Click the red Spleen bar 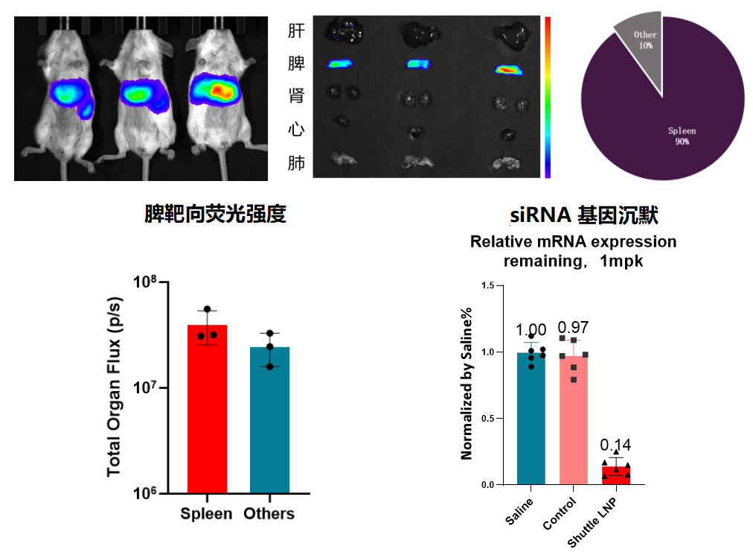click(206, 410)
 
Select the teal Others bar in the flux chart click(269, 421)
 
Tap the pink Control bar click(573, 421)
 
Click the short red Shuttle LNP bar click(615, 475)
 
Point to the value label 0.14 click(615, 445)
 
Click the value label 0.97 click(573, 327)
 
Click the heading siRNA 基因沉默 click(583, 216)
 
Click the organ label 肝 click(296, 31)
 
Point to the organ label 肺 click(296, 163)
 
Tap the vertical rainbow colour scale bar click(548, 97)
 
